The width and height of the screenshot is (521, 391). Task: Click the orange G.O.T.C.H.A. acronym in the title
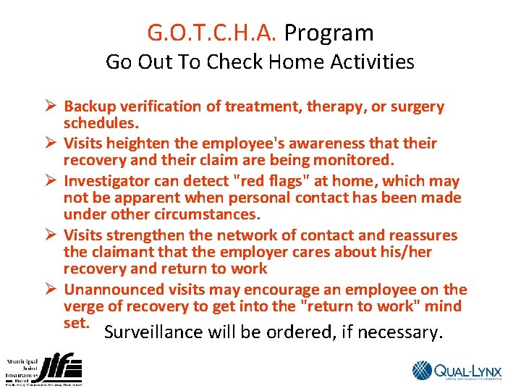point(213,33)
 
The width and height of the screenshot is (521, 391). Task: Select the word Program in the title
point(329,33)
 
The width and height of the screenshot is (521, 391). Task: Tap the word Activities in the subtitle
point(373,62)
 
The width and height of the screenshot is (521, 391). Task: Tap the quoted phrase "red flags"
point(255,180)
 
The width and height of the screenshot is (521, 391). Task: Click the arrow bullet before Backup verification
point(50,106)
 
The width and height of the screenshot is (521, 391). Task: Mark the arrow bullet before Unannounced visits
point(50,289)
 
